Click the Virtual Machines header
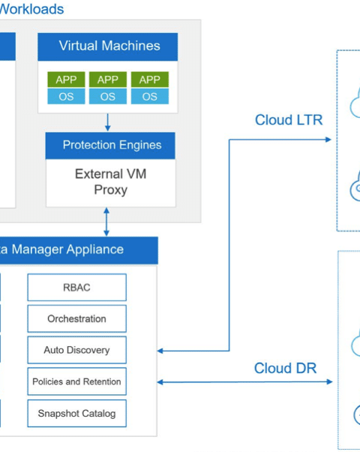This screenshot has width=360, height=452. (108, 47)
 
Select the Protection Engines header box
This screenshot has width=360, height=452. (110, 146)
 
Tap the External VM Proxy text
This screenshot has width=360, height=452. (111, 182)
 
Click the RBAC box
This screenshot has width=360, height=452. (77, 288)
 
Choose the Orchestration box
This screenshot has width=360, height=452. (77, 319)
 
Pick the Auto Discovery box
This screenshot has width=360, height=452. (77, 350)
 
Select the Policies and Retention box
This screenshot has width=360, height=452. (77, 381)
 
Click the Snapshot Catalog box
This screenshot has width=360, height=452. (77, 414)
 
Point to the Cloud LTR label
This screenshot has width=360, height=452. (289, 120)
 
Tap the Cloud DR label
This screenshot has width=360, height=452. (286, 368)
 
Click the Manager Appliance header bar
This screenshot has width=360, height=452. (79, 250)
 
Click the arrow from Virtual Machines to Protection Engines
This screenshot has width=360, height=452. (108, 122)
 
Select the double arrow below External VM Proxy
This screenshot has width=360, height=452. (106, 221)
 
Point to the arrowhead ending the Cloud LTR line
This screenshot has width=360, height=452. (328, 140)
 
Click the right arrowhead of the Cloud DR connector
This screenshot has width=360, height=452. (329, 382)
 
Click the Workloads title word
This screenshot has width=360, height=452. (31, 9)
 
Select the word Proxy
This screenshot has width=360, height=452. (111, 190)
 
